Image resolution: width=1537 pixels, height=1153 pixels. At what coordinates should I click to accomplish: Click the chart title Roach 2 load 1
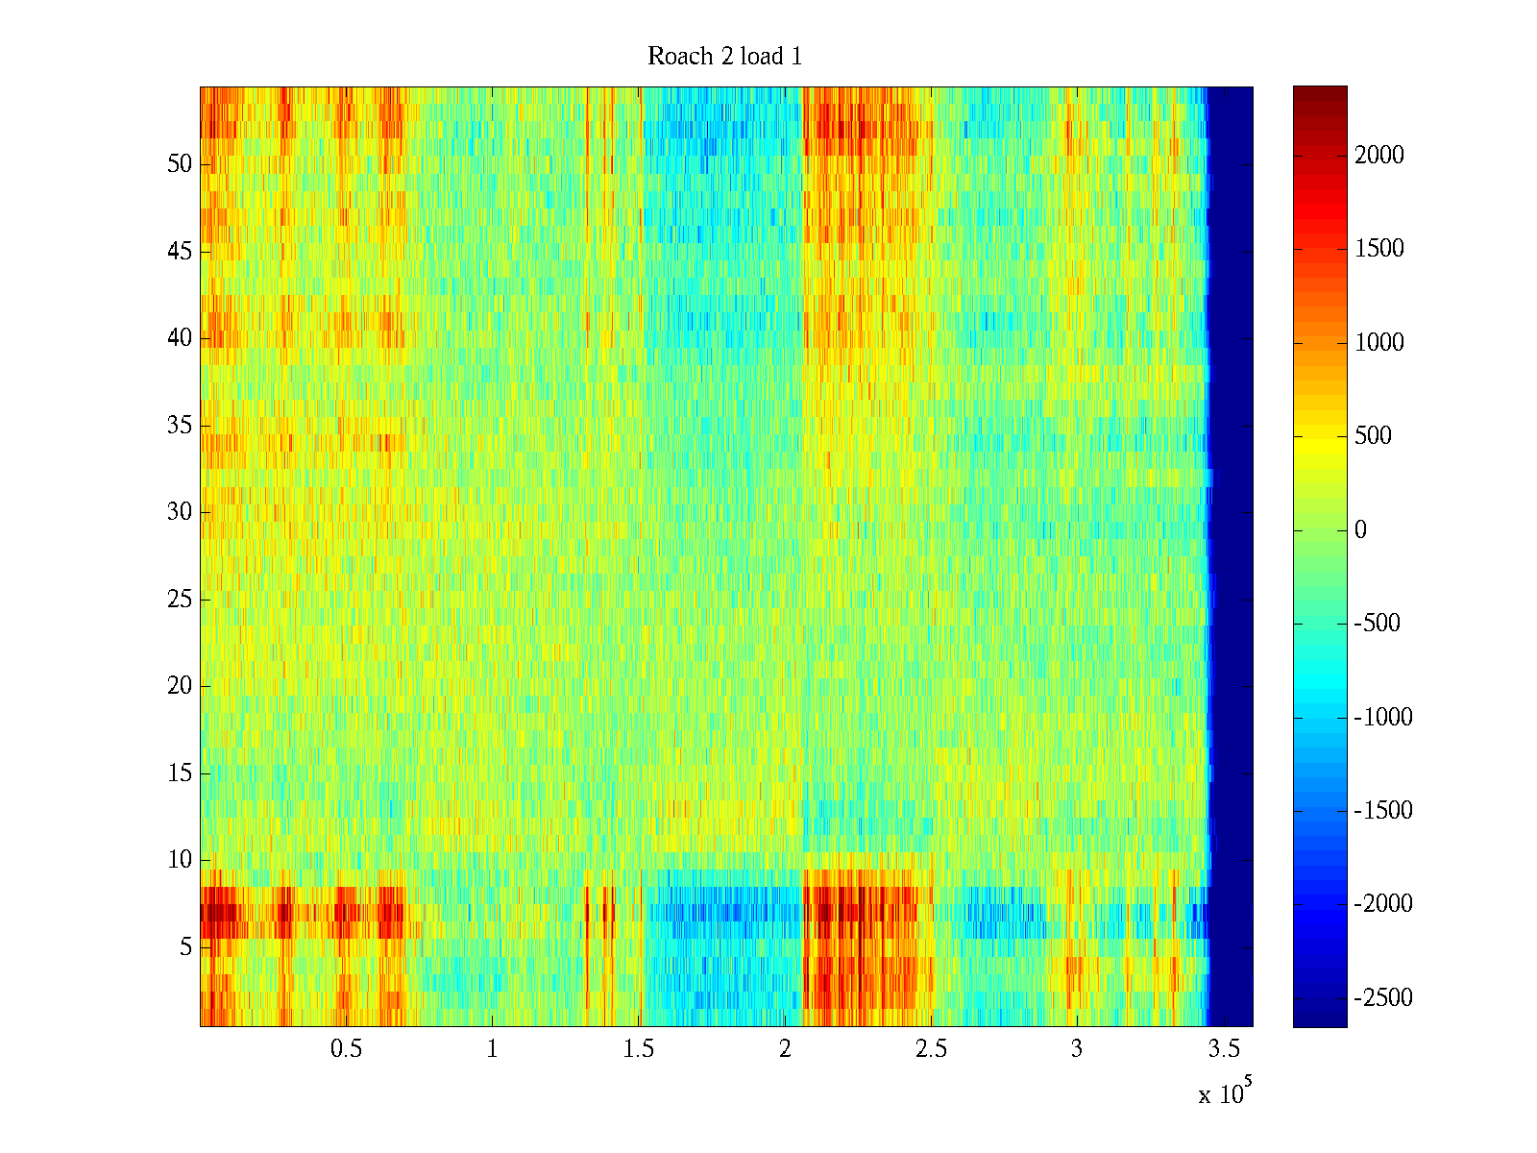point(724,57)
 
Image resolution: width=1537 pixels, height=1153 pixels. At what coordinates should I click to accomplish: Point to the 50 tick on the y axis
point(180,163)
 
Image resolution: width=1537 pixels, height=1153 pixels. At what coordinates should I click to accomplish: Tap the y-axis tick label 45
point(180,251)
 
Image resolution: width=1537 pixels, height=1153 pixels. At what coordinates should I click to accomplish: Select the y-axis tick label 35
point(180,425)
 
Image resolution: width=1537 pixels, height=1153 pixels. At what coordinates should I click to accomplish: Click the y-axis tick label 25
point(180,599)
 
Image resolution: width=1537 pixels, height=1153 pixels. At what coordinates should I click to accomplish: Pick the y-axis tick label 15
point(180,773)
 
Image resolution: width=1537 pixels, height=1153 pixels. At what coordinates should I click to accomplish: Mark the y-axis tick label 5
point(185,946)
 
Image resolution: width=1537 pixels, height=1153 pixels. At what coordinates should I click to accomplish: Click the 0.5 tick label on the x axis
point(346,1049)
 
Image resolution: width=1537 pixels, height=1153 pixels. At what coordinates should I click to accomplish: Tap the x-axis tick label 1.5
point(638,1049)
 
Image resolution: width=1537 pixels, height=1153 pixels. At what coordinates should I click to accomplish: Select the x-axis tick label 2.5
point(931,1049)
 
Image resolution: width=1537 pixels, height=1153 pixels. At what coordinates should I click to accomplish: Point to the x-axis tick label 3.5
point(1223,1049)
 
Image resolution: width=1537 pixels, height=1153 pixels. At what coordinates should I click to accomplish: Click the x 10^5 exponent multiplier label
point(1224,1092)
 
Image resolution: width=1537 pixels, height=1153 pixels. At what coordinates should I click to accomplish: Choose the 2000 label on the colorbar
point(1379,156)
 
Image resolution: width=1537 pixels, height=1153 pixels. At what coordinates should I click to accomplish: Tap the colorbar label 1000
point(1379,343)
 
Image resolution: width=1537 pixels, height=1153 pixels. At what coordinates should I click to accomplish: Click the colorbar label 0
point(1360,530)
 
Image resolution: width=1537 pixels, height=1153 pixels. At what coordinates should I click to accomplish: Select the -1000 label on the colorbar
point(1383,717)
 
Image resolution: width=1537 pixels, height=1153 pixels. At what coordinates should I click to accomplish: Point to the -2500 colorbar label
point(1383,997)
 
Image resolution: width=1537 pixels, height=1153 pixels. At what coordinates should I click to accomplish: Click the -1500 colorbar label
point(1383,810)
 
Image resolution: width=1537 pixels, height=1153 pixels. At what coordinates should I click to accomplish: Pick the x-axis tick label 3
point(1077,1049)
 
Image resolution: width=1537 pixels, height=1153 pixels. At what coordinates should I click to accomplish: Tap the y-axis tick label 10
point(180,859)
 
